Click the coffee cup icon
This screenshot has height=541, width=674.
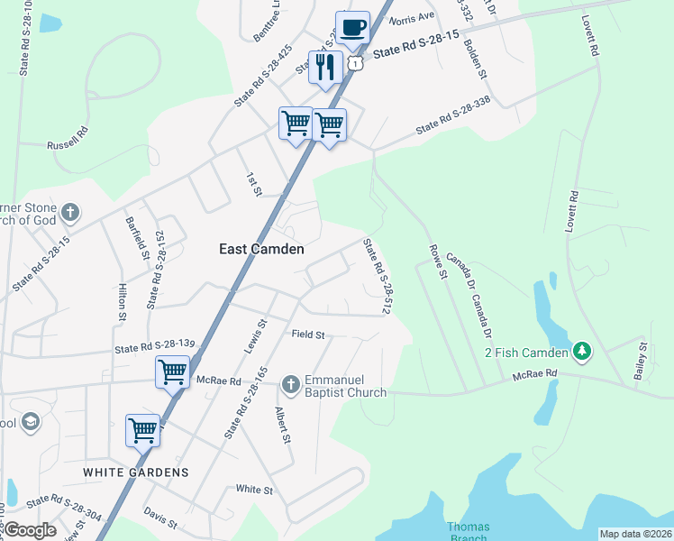click(x=353, y=26)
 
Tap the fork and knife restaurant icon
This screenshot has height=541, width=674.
click(x=325, y=67)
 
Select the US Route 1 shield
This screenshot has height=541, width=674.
click(x=357, y=63)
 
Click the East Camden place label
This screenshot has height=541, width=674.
click(x=261, y=249)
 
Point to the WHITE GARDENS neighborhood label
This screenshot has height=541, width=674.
click(x=136, y=472)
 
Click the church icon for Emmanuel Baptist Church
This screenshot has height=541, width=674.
click(x=290, y=385)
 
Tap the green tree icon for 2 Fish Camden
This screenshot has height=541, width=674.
click(x=582, y=352)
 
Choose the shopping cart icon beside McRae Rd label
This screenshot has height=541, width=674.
click(x=172, y=371)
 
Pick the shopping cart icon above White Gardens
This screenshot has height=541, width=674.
click(x=143, y=430)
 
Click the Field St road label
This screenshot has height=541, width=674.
click(x=308, y=335)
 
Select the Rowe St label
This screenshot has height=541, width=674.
click(x=438, y=262)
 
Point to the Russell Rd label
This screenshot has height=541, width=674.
click(x=68, y=137)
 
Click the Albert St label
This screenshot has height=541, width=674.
click(x=283, y=425)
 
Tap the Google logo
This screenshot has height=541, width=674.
click(x=29, y=530)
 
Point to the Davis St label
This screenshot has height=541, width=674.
click(x=160, y=517)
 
